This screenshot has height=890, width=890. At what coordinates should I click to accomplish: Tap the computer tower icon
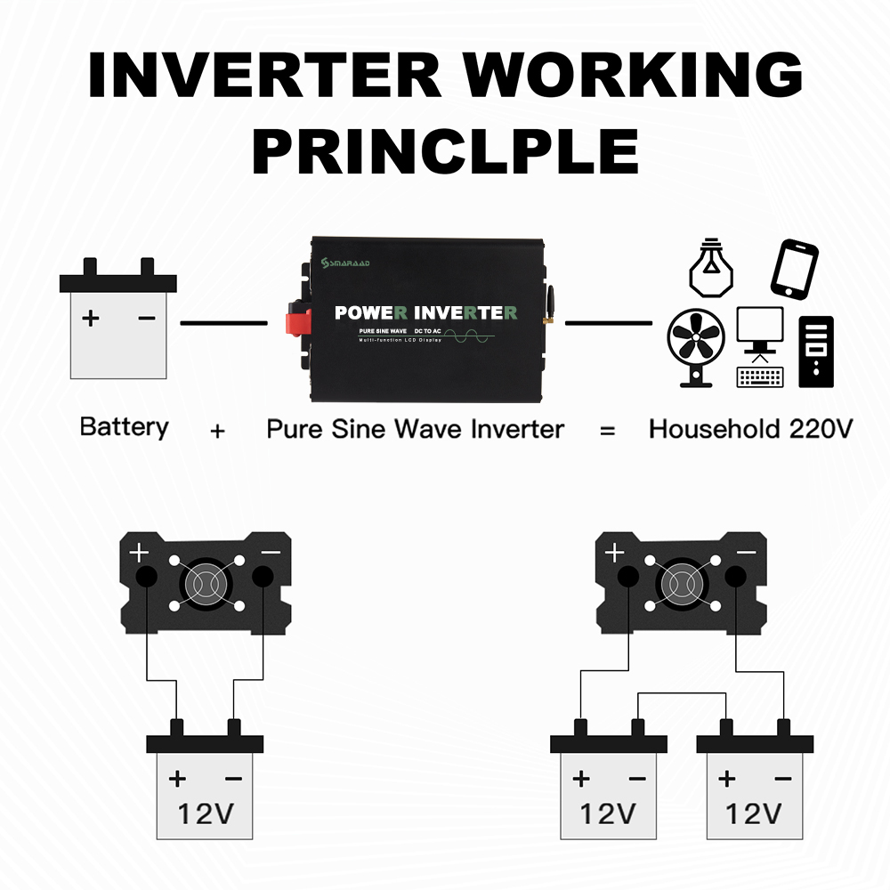tap(816, 351)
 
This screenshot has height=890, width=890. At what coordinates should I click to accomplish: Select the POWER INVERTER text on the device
tap(425, 312)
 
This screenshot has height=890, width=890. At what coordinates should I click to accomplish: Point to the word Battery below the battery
tap(124, 427)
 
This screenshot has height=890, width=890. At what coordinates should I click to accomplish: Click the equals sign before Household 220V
tap(608, 431)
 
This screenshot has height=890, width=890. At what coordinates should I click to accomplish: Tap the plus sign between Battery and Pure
tap(217, 431)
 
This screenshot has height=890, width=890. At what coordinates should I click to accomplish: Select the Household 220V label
tap(750, 429)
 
